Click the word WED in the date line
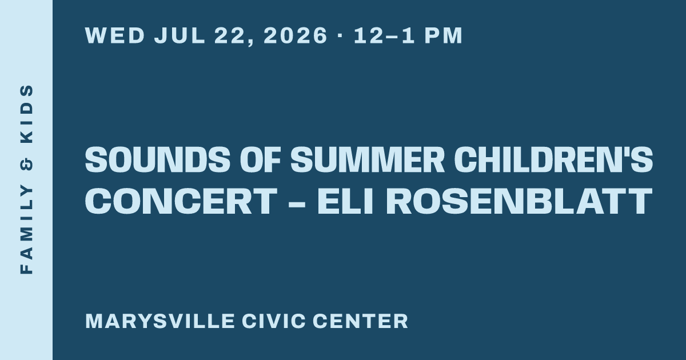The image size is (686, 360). point(115,35)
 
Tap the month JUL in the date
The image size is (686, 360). point(180,35)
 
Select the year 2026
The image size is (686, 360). point(296,35)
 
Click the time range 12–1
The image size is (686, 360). point(384,35)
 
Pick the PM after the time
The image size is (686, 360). point(444,35)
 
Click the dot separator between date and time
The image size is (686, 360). point(340,35)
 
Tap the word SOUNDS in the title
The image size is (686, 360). point(157,159)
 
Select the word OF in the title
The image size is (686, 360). point(260,159)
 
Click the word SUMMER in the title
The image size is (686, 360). point(368,159)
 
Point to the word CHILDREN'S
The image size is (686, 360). point(553,159)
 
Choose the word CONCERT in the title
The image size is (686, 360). point(181,201)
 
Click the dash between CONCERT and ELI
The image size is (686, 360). point(297,203)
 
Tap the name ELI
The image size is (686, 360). point(345,201)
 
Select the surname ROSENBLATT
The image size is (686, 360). point(519,201)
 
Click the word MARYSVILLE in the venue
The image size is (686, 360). point(160,321)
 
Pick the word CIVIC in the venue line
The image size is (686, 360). point(273,321)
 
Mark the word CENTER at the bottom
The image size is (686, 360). point(361,321)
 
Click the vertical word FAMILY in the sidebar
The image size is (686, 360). point(26,230)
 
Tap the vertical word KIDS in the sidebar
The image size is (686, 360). point(26,114)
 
